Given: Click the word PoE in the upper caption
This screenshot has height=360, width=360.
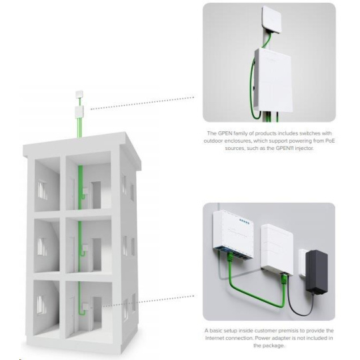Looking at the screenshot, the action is [x=330, y=141].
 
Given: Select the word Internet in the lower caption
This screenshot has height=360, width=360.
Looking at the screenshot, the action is [x=215, y=338].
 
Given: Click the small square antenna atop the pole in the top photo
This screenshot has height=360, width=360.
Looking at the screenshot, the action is [x=271, y=20].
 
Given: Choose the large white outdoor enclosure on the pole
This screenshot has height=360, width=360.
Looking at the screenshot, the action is [x=273, y=81].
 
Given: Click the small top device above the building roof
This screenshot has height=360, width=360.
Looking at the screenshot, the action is [x=79, y=95].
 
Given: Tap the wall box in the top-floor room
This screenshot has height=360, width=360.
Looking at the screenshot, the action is [x=85, y=191].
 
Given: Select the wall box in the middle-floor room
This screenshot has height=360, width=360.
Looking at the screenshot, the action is [x=85, y=248].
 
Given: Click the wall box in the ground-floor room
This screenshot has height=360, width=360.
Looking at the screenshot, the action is [x=85, y=307].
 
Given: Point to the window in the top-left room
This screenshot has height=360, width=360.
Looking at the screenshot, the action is [x=43, y=189].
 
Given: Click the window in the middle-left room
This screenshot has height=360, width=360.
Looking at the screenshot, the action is [x=42, y=247].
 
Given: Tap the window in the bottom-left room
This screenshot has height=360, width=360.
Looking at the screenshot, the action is [x=41, y=305].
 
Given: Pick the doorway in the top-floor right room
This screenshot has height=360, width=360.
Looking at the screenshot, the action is [x=96, y=195].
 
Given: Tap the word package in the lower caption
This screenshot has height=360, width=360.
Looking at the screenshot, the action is [x=274, y=346].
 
